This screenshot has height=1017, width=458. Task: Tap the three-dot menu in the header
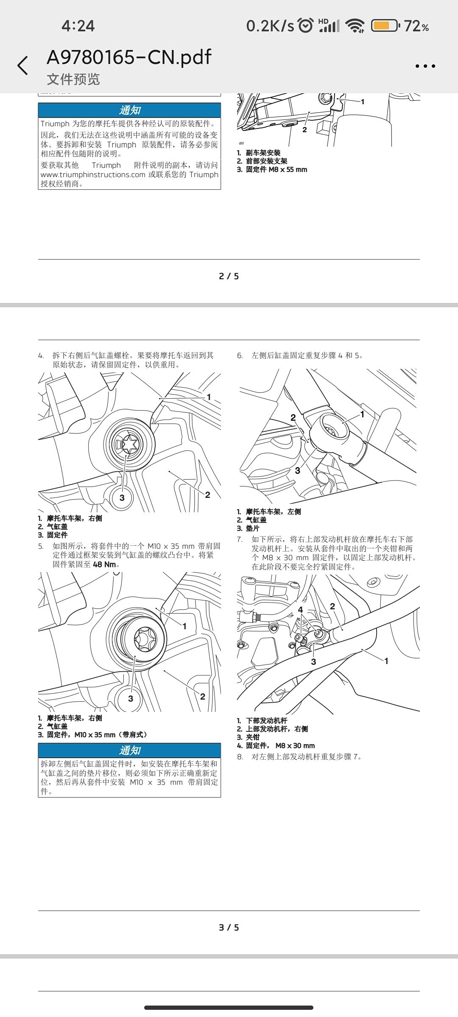(425, 66)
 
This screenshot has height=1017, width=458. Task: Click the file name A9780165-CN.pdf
(129, 57)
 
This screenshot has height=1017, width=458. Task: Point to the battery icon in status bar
(385, 26)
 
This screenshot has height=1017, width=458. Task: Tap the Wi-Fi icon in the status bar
(355, 26)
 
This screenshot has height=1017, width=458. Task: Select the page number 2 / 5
(229, 276)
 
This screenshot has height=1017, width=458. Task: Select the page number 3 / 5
(229, 928)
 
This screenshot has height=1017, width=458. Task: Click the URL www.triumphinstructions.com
(93, 175)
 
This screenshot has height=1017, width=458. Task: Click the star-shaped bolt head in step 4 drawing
(129, 445)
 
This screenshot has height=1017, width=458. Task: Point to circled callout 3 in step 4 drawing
(122, 497)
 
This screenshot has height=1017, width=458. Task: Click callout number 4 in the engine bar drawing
(300, 610)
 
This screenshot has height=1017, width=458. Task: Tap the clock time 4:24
(78, 26)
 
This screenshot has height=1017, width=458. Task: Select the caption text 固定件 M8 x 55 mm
(276, 169)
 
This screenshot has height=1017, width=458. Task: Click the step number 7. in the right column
(240, 539)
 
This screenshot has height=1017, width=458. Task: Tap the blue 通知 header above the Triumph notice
(129, 110)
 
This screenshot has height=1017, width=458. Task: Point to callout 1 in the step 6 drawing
(362, 414)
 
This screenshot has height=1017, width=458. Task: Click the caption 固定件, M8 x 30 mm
(280, 745)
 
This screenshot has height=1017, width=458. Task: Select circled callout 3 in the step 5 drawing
(131, 699)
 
